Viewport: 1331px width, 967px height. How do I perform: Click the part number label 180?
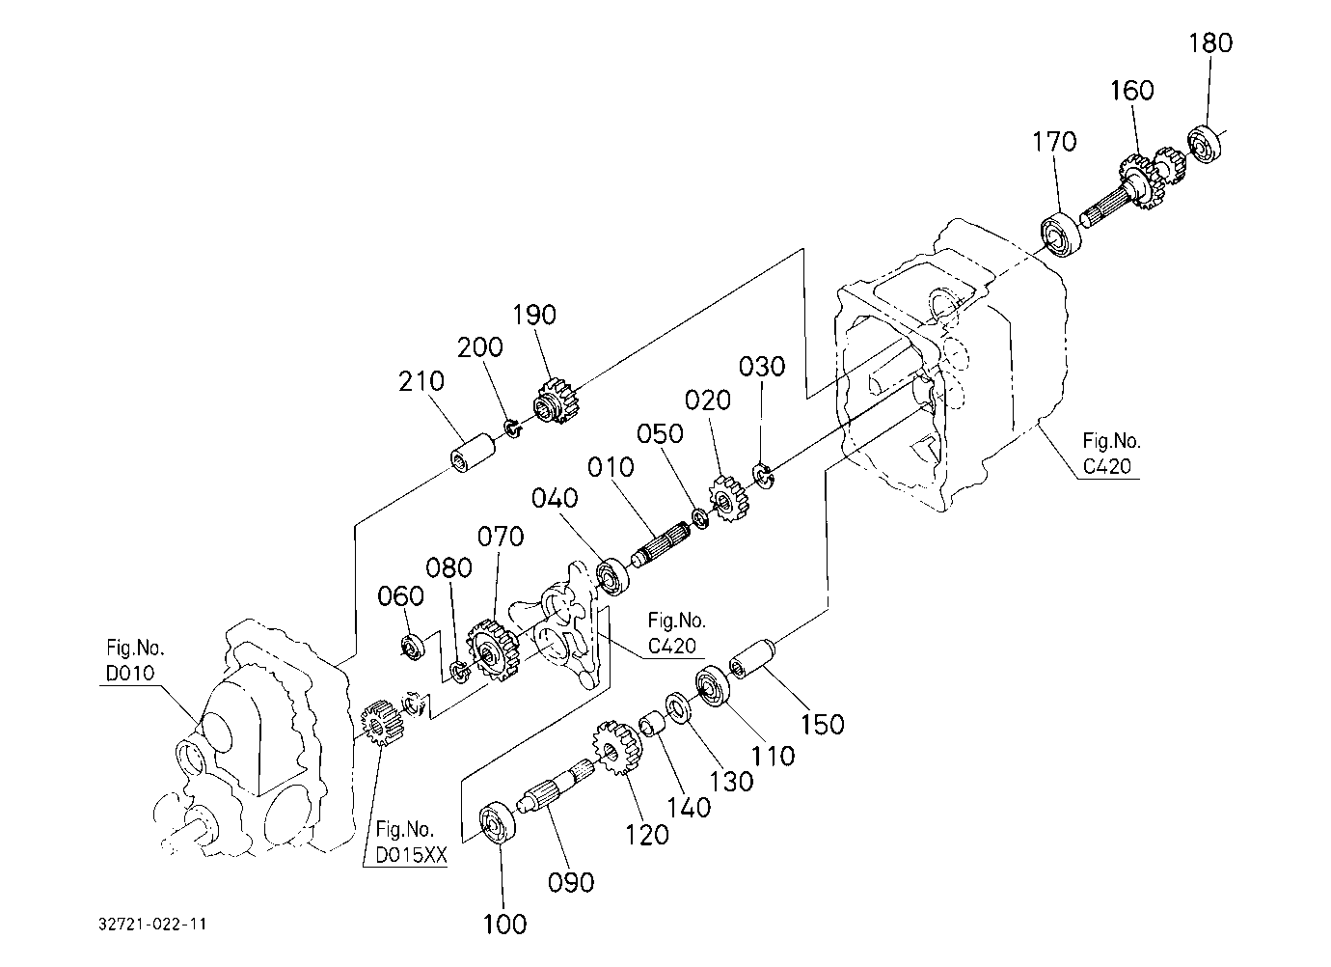(1210, 43)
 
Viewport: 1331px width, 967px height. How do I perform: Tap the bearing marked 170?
(1061, 234)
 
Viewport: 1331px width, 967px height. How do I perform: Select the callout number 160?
(1132, 91)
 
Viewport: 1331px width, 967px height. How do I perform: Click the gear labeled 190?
(559, 401)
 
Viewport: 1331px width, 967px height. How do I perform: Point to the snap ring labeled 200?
(512, 428)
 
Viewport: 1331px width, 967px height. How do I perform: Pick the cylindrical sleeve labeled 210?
(474, 454)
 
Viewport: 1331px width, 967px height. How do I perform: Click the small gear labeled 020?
(729, 498)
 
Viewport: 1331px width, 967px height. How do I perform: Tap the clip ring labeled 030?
(763, 475)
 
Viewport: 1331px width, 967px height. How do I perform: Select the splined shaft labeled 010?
(661, 544)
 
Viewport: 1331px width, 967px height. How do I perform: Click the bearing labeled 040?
(612, 577)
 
